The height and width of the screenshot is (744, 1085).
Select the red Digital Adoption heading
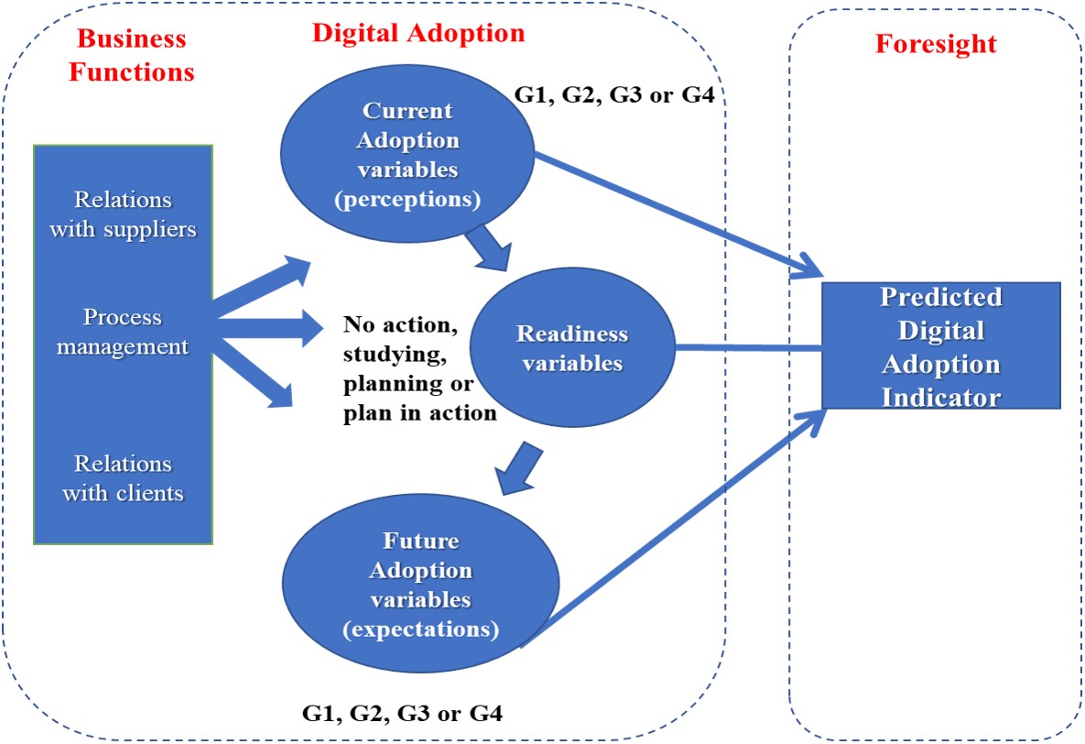tap(418, 33)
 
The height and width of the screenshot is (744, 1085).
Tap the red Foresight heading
tap(936, 44)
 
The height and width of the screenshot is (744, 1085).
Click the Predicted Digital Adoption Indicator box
tap(940, 346)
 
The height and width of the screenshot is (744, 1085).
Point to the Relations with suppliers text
tap(123, 214)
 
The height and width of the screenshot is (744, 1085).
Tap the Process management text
tap(123, 332)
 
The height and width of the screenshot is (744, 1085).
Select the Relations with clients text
tap(123, 477)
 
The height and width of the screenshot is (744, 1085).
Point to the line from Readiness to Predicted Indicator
tap(746, 348)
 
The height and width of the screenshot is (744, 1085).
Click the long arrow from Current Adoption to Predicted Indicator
tap(678, 215)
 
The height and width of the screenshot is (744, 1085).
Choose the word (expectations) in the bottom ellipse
tap(420, 629)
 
